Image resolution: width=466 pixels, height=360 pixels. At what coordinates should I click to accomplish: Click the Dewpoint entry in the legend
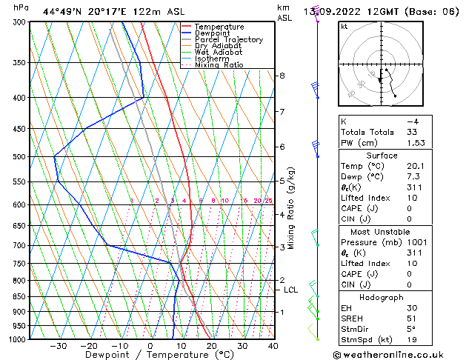(x=214, y=33)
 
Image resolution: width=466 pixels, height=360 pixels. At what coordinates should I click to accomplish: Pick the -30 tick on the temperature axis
(x=58, y=346)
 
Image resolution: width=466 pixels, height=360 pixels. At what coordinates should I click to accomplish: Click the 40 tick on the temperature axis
(x=273, y=346)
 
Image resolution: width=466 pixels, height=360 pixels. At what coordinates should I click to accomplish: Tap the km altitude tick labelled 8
(x=282, y=76)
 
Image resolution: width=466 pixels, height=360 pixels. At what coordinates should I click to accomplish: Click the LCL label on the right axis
(x=291, y=290)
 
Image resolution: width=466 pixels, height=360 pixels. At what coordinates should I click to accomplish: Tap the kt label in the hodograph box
(x=344, y=26)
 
